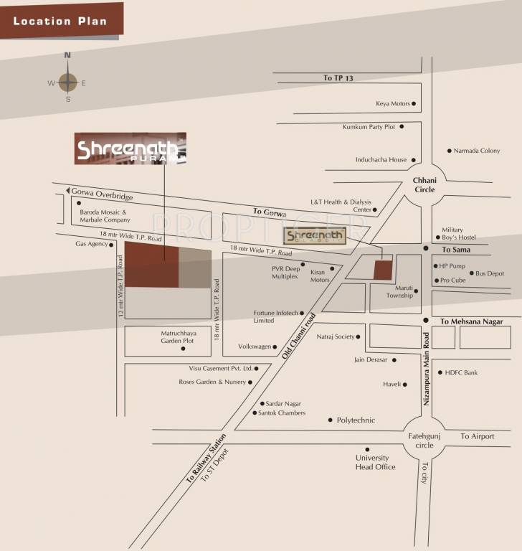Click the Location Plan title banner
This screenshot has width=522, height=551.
(x=61, y=20)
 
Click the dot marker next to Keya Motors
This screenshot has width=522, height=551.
(x=414, y=103)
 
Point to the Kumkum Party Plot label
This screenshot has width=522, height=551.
(x=369, y=127)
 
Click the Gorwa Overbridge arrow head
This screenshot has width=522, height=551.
(x=70, y=191)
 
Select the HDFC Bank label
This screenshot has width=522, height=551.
(x=461, y=373)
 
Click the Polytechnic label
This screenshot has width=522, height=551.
(x=356, y=420)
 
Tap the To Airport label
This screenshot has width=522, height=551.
(x=478, y=436)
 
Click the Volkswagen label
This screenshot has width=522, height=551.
(x=255, y=347)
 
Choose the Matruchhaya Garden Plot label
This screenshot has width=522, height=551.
(x=177, y=337)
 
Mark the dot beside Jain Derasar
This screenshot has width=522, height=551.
(x=394, y=359)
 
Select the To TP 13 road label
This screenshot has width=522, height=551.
(x=338, y=78)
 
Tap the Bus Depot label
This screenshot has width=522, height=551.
(x=490, y=273)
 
